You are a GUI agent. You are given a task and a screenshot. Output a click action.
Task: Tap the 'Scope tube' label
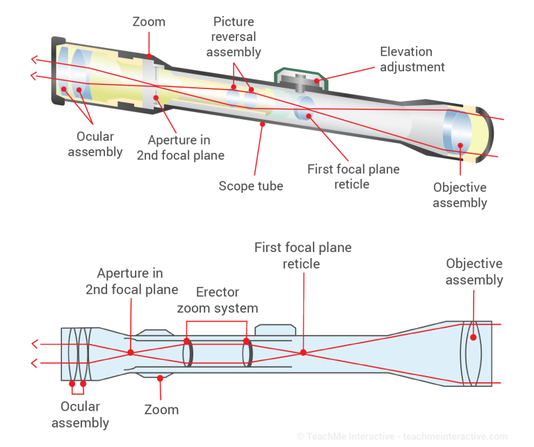251,186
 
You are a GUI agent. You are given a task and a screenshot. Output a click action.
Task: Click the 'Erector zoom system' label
217,299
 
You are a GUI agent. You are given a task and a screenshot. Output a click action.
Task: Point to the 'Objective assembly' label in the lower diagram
474,272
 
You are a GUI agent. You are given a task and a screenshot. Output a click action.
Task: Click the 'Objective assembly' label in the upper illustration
460,195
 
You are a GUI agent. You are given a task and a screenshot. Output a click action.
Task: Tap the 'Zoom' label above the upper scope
149,22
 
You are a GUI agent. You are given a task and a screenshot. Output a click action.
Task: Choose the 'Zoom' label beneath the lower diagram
161,409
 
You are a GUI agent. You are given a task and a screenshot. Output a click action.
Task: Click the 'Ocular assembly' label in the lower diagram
85,414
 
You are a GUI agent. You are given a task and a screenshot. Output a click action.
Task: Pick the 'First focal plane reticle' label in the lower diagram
302,256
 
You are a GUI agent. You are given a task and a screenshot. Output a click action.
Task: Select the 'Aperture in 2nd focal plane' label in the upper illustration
180,147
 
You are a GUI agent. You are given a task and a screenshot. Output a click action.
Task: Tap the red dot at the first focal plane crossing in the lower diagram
303,352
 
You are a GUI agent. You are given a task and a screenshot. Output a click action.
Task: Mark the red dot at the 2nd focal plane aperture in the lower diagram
131,352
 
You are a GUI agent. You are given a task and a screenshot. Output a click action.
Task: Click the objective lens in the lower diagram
473,353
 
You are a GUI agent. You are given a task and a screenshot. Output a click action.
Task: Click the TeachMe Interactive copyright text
403,437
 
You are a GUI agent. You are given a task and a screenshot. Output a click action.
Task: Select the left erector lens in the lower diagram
186,352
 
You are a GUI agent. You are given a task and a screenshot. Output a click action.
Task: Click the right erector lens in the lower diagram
247,352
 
